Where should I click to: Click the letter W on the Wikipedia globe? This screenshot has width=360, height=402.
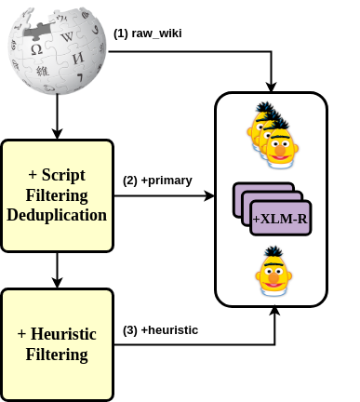click(x=67, y=37)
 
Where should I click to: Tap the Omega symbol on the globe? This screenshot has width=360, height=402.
click(x=36, y=49)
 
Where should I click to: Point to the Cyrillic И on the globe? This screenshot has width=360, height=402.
click(x=78, y=59)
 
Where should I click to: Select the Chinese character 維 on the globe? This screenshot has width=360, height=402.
click(x=42, y=71)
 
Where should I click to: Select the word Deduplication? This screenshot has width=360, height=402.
click(x=57, y=215)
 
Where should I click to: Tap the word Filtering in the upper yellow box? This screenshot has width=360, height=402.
click(x=57, y=195)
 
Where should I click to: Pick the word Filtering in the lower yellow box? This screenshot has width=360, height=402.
click(x=57, y=355)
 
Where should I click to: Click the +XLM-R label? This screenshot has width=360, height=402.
click(x=280, y=219)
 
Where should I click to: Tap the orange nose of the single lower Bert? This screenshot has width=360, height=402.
click(x=273, y=276)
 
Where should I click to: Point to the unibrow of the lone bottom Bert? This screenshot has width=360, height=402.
click(x=273, y=266)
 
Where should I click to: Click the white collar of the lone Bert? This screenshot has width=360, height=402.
click(x=273, y=291)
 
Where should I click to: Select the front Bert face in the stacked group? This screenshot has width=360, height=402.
click(x=280, y=145)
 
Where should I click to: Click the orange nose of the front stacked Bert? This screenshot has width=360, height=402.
click(x=280, y=148)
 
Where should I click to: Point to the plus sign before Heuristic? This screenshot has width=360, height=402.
click(x=21, y=334)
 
